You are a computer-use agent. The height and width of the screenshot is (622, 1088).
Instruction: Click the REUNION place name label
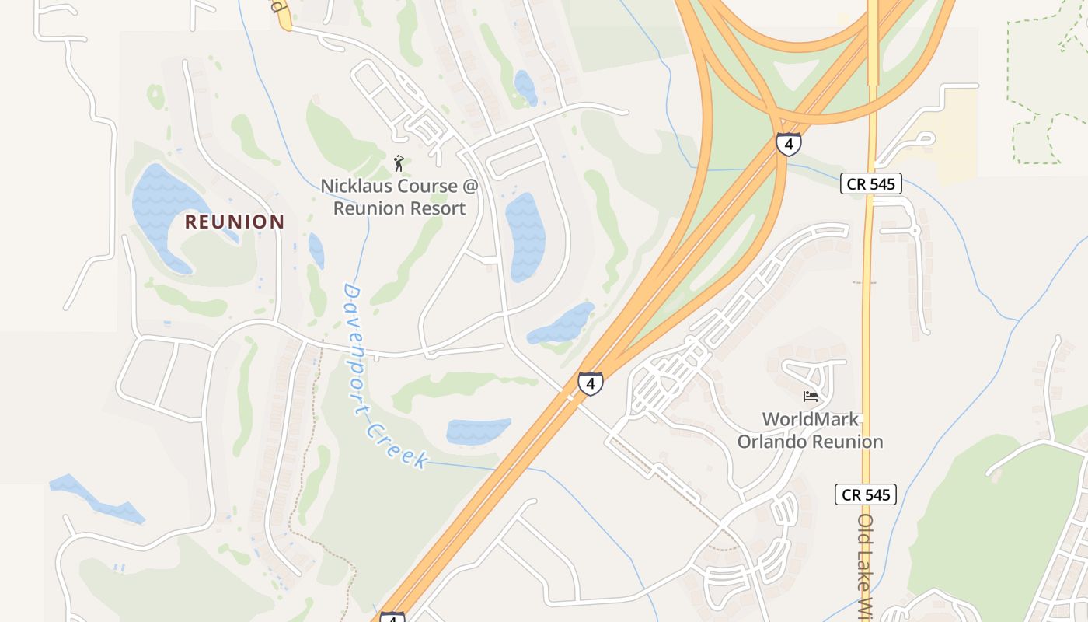(235, 222)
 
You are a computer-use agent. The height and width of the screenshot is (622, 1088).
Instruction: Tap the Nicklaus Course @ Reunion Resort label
(399, 197)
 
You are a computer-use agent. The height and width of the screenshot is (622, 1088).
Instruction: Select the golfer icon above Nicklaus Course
(399, 163)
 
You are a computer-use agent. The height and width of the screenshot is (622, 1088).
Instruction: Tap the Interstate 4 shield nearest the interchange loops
(788, 144)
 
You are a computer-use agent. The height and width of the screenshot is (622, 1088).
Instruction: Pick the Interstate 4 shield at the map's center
(590, 383)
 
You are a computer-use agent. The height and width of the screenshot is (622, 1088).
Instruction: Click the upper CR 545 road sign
(870, 184)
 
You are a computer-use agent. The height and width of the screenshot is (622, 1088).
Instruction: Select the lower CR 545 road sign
(866, 494)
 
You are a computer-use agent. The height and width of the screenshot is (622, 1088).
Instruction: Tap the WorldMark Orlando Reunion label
(810, 430)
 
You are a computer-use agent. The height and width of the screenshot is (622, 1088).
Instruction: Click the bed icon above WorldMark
(811, 397)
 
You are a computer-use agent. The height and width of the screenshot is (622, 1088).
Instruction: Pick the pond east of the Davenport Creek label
(478, 431)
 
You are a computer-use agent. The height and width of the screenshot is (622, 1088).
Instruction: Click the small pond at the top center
(525, 87)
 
